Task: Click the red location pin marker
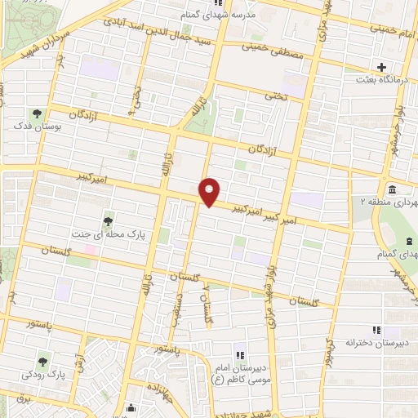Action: pos(210,192)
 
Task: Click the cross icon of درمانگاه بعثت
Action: pos(381,67)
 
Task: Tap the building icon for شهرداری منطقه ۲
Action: pos(393,189)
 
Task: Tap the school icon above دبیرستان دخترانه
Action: pos(376,330)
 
